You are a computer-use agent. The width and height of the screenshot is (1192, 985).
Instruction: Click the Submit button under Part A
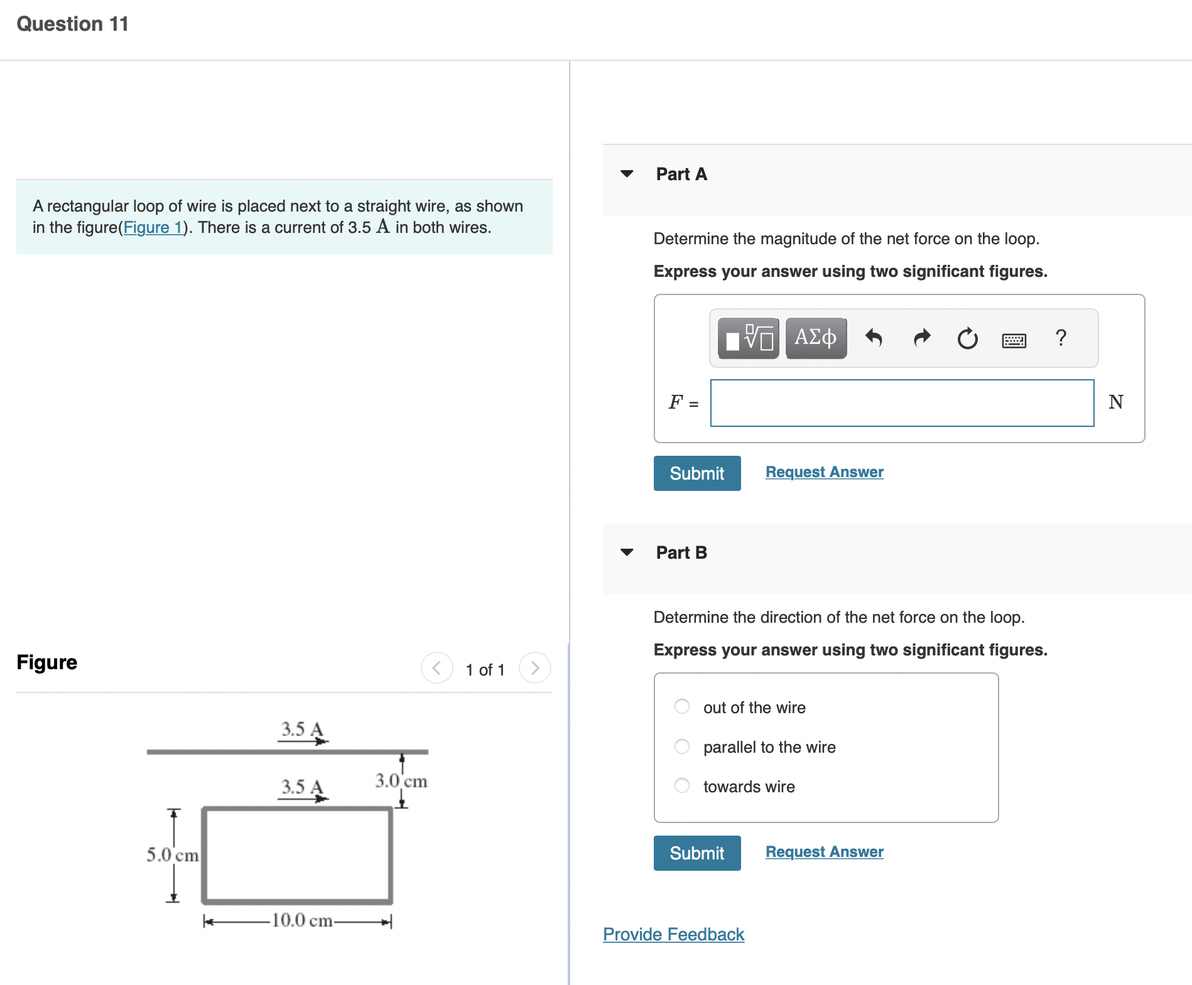(x=696, y=473)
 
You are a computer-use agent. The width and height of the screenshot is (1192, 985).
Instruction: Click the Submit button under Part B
(x=696, y=853)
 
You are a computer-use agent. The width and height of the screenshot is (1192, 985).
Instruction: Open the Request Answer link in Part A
(x=824, y=472)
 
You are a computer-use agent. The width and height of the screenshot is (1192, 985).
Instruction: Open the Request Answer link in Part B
(x=824, y=852)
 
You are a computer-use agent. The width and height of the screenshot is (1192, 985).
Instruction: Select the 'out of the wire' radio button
(x=682, y=707)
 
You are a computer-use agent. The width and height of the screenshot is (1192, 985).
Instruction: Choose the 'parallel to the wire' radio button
(x=682, y=746)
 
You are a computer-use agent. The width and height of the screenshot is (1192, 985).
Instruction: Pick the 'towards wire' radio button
(x=682, y=786)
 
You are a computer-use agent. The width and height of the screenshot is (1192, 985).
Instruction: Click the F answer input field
(x=902, y=403)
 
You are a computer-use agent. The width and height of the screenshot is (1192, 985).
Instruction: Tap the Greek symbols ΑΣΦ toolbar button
(x=815, y=338)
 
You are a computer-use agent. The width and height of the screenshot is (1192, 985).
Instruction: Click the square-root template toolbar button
(x=749, y=338)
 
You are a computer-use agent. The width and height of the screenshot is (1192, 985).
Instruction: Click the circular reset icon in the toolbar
(x=967, y=338)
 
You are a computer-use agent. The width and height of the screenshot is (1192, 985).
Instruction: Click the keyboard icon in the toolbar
(x=1014, y=340)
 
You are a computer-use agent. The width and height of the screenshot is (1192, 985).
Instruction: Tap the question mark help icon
(x=1061, y=338)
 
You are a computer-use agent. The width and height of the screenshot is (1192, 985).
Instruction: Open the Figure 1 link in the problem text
(x=153, y=227)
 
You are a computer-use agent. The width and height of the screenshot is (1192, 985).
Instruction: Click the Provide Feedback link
(x=673, y=934)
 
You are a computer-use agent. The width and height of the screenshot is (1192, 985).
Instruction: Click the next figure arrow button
(x=534, y=668)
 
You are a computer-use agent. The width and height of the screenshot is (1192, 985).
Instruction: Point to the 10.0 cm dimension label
(x=301, y=920)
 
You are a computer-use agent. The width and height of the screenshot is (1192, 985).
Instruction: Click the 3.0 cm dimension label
(x=401, y=781)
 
